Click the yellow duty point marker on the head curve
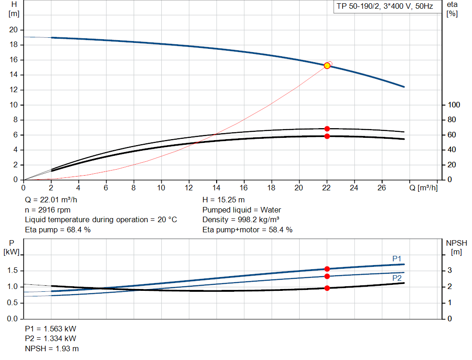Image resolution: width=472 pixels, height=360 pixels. pyautogui.click(x=327, y=65)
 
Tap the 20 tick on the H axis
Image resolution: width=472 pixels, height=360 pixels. pyautogui.click(x=14, y=30)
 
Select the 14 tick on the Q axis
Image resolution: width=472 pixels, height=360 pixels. pyautogui.click(x=216, y=188)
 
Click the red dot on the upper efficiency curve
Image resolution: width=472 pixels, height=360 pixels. pyautogui.click(x=327, y=129)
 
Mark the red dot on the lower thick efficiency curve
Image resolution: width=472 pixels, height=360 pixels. pyautogui.click(x=327, y=136)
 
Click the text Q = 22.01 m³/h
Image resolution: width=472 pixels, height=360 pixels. pyautogui.click(x=51, y=200)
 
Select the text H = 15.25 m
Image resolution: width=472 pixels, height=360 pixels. pyautogui.click(x=224, y=200)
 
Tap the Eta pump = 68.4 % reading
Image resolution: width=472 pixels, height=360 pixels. pyautogui.click(x=58, y=230)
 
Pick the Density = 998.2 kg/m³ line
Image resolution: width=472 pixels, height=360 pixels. pyautogui.click(x=241, y=220)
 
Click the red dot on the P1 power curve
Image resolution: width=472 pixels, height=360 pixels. pyautogui.click(x=327, y=269)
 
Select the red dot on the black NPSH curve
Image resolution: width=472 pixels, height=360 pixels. pyautogui.click(x=327, y=288)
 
